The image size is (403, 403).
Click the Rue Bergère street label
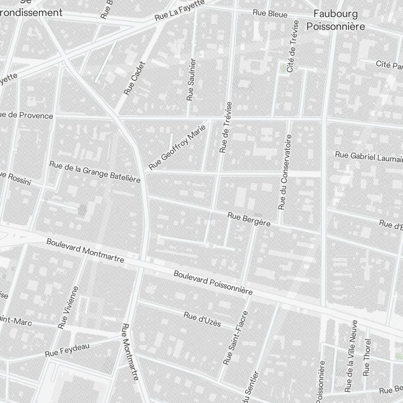(x=249, y=219)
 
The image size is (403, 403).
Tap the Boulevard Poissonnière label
(x=213, y=283)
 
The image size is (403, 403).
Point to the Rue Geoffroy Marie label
(x=177, y=147)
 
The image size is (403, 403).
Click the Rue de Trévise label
(x=226, y=127)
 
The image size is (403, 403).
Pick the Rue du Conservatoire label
(x=285, y=172)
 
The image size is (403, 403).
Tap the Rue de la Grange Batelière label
(x=95, y=172)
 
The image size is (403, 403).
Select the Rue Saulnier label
(x=191, y=79)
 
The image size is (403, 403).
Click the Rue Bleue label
(x=270, y=14)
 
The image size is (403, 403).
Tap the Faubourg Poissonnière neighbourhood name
(x=336, y=20)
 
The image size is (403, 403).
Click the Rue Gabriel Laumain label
(x=369, y=156)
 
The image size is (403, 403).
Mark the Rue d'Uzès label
(x=202, y=319)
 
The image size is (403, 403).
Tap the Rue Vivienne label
(x=68, y=307)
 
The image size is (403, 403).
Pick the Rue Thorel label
(x=366, y=357)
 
